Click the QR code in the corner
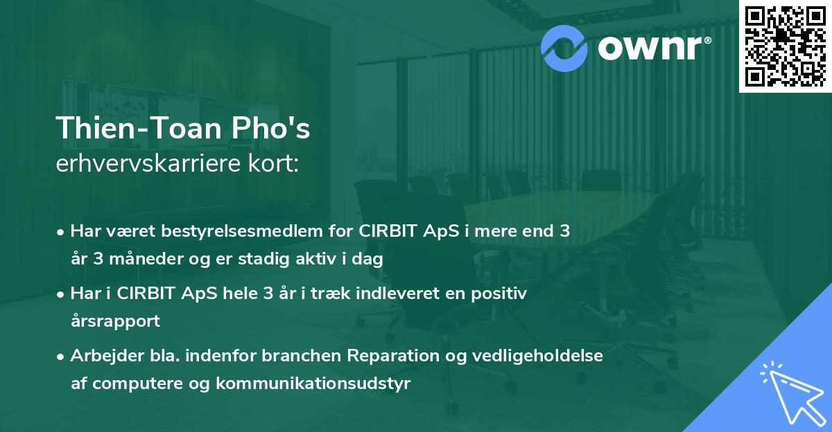point(785,46)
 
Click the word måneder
point(141,260)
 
